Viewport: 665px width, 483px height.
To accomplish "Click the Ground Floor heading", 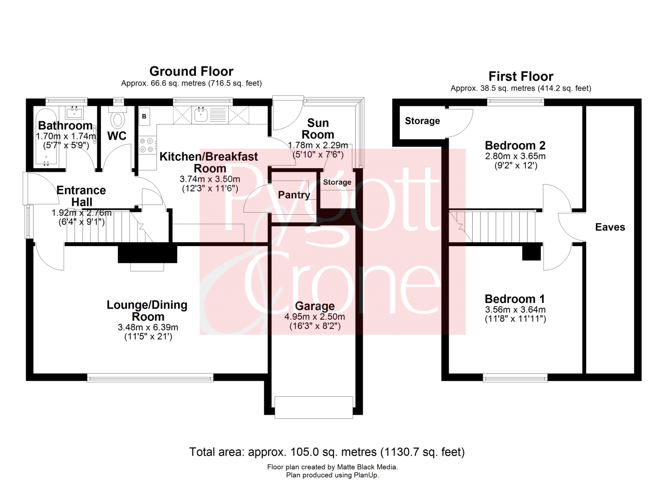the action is point(191,71).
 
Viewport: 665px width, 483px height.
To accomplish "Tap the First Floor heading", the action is point(521,77).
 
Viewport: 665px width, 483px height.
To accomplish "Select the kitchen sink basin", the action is point(201,115).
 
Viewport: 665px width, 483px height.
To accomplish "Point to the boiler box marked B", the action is point(144,116).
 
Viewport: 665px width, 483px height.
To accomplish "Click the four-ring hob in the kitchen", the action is point(148,145).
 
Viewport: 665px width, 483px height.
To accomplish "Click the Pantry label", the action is point(294,195).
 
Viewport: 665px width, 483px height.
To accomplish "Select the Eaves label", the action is point(610,227).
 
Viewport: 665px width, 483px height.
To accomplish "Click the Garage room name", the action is point(315,305).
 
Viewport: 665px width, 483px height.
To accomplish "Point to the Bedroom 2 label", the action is point(515,145).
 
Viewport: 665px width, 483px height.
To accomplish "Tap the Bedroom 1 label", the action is point(515,299).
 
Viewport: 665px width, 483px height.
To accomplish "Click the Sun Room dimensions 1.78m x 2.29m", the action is point(318,145).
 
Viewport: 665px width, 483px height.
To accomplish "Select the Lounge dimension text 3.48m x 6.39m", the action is point(148,327).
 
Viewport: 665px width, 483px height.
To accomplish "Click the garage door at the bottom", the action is point(313,407).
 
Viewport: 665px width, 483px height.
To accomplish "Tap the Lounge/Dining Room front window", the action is point(150,378).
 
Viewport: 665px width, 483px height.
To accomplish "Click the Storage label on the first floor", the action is point(422,121).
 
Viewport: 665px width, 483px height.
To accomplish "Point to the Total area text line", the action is point(327,452).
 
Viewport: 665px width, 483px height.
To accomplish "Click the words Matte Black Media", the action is point(367,467).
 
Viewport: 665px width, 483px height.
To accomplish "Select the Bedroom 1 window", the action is point(515,378).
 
